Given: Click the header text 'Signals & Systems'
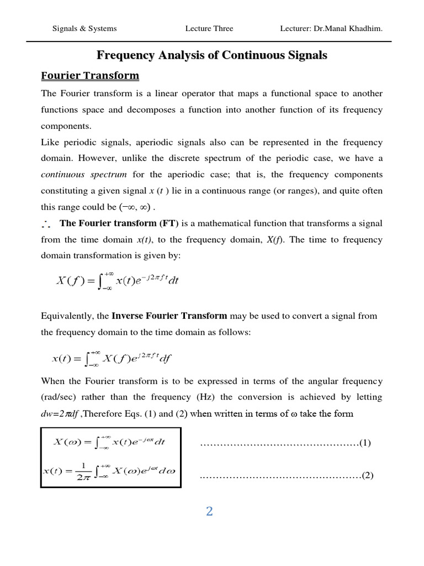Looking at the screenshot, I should (84, 29).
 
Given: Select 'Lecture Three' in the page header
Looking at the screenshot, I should (209, 29).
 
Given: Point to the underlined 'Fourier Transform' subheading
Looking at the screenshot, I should (90, 75).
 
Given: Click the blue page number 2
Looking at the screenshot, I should (209, 511).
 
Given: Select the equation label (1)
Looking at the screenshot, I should (365, 443).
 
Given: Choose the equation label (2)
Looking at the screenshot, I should (368, 475).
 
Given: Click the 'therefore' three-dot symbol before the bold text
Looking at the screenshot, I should (45, 224).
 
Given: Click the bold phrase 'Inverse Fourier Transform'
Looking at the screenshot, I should (169, 316).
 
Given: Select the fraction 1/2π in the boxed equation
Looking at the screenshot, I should (82, 471).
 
